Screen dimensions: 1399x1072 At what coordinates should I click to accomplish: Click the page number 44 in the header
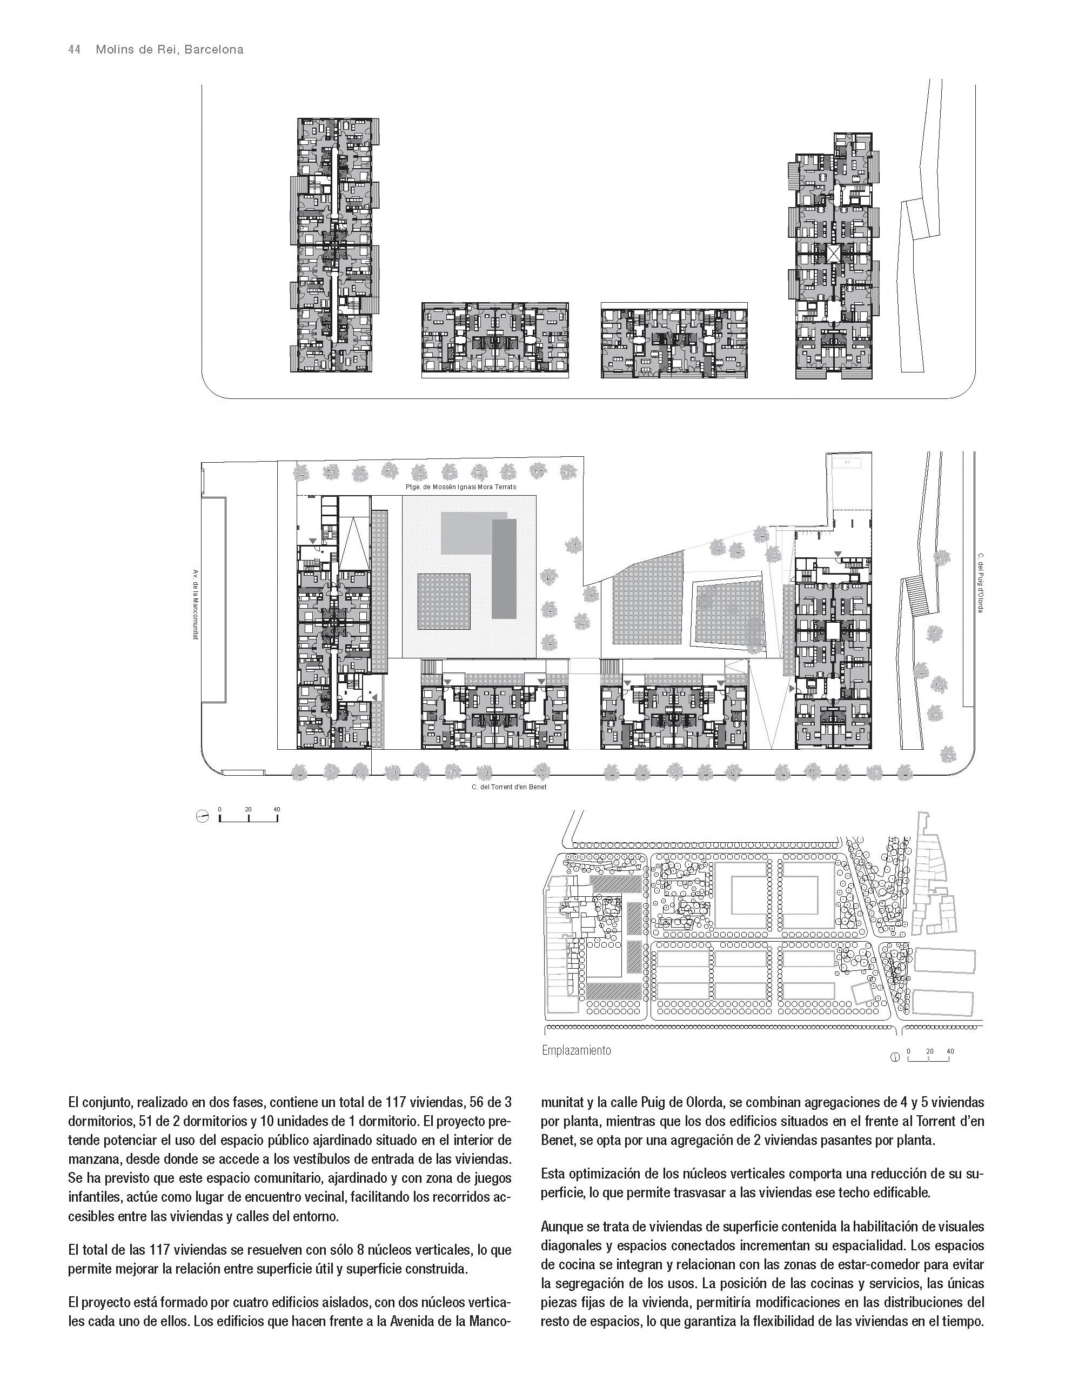(74, 50)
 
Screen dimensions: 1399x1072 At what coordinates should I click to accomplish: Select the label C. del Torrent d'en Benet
(508, 787)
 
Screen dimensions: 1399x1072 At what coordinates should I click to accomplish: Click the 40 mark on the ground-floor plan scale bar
(276, 809)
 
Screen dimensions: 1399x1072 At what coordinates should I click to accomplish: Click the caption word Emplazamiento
(575, 1050)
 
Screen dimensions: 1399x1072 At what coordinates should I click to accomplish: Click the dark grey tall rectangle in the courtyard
(504, 568)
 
